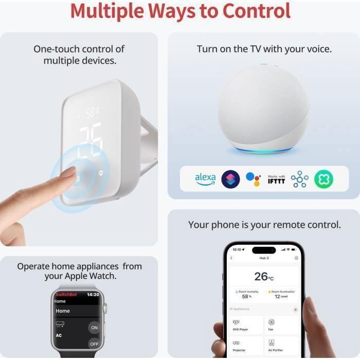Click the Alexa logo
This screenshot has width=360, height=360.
(x=205, y=179)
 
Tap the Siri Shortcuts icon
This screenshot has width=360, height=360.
(x=230, y=179)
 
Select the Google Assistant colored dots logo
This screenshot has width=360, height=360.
(x=253, y=179)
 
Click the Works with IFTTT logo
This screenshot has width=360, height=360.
(x=276, y=179)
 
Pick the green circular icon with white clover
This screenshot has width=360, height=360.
(x=323, y=179)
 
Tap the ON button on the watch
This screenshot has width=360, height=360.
(x=94, y=328)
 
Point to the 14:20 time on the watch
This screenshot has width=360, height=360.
(x=93, y=295)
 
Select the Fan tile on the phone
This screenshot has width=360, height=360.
(x=281, y=325)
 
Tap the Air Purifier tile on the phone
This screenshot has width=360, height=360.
(x=281, y=346)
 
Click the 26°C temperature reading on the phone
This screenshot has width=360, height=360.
(x=264, y=277)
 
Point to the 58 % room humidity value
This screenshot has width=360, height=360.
(x=246, y=297)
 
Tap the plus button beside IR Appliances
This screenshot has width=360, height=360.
(x=295, y=310)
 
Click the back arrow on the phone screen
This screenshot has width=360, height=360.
(x=231, y=258)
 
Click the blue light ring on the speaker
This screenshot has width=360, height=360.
(x=263, y=150)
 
